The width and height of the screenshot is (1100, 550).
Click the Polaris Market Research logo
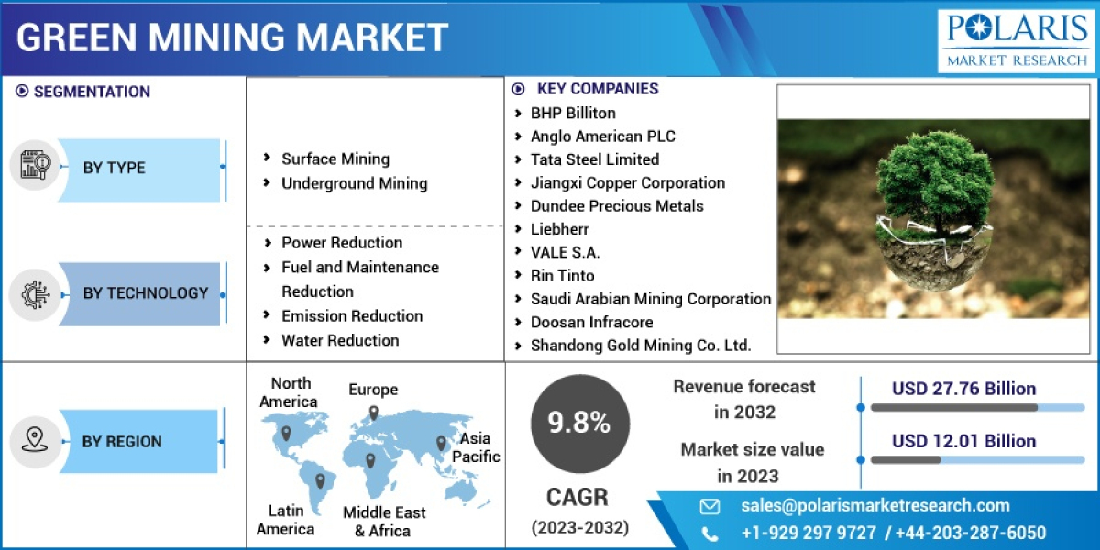pos(1017,39)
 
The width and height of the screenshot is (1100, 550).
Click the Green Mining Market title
pos(233,38)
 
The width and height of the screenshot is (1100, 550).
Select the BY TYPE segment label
pos(115,168)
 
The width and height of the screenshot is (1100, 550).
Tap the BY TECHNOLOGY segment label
pos(146,293)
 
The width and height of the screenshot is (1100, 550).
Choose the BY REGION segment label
pos(122,442)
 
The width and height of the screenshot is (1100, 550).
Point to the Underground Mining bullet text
pos(354,183)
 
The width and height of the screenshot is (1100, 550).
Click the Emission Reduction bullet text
pos(352,316)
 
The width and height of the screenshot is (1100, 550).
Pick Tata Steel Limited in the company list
pos(594,159)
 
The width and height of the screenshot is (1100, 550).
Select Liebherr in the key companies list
pos(559,229)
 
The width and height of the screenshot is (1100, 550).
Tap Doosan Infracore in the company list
pos(591,322)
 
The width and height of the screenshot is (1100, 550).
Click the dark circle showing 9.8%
pos(578,423)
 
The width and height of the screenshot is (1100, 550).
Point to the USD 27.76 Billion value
pos(963,389)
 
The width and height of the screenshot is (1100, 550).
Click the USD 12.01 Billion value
pos(963,441)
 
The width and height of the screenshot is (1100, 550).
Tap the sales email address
pos(875,506)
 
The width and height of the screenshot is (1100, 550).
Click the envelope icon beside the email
pos(709,506)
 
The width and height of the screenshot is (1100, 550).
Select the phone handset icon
pos(709,533)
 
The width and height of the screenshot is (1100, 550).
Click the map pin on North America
pos(286,433)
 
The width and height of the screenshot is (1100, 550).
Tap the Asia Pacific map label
pos(477,447)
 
